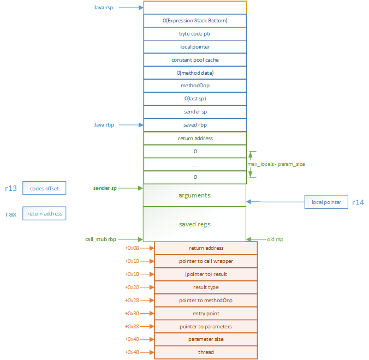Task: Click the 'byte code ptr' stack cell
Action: point(195,34)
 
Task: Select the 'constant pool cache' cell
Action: point(195,60)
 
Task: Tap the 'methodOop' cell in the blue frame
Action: point(195,86)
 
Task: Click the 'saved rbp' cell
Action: point(195,125)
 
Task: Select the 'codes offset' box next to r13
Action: point(44,189)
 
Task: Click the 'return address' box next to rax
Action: point(44,213)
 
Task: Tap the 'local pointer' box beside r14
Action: point(326,202)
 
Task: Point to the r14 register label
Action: point(358,202)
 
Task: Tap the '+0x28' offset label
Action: point(132,300)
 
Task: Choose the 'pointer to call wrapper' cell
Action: point(206,261)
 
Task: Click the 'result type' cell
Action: point(206,287)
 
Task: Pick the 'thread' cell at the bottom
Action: point(206,352)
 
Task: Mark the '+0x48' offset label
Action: point(132,352)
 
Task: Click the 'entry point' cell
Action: point(206,313)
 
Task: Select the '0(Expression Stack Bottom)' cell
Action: point(195,21)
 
